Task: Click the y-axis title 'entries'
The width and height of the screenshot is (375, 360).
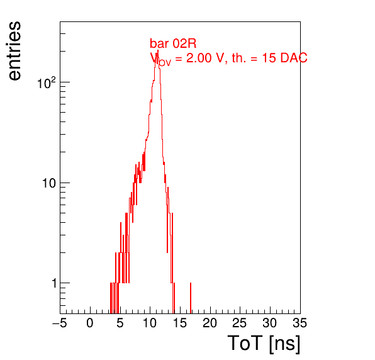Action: coord(15,51)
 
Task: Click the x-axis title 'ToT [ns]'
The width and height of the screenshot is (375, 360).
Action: coord(264,344)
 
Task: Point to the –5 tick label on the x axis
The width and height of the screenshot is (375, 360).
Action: coord(60,323)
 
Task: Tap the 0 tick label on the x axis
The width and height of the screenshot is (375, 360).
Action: coord(90,323)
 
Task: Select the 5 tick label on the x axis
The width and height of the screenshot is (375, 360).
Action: coord(120,323)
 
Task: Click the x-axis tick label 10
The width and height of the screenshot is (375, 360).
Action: coord(150,323)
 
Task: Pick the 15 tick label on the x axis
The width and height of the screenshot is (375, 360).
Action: coord(180,323)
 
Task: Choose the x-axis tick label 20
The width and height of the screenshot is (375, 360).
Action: coord(210,323)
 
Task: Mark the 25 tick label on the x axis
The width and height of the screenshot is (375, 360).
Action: coord(240,323)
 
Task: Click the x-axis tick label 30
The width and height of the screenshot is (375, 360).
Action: coord(270,323)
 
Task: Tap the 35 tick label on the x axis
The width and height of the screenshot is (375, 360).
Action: coord(300,323)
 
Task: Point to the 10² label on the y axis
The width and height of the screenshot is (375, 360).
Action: coord(47,83)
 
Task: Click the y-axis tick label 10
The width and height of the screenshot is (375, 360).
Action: coord(49,183)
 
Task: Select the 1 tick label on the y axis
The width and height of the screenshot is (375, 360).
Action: coord(54,283)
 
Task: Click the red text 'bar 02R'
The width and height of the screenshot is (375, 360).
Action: coord(173,44)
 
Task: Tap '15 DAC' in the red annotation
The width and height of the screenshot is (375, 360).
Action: coord(284,58)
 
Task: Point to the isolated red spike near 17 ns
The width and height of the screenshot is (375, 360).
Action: coord(191,298)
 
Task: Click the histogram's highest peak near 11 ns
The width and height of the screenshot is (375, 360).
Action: coord(157,51)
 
